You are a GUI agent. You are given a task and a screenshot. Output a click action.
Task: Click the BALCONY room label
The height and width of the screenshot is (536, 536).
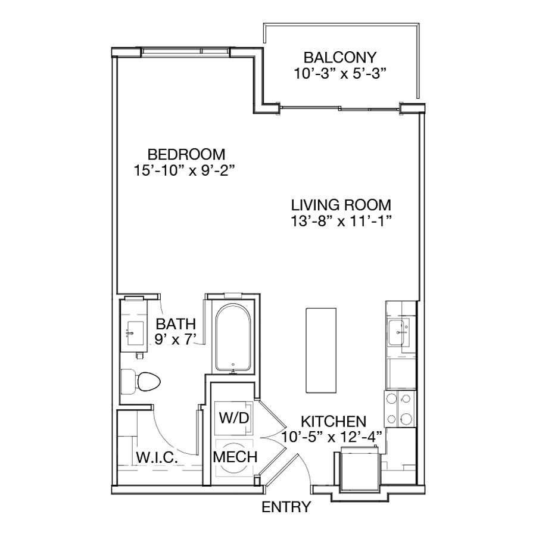point(340,57)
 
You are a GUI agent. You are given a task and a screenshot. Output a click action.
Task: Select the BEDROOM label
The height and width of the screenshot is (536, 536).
point(186,154)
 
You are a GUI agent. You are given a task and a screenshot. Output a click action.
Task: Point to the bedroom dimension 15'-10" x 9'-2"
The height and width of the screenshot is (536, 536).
point(185,170)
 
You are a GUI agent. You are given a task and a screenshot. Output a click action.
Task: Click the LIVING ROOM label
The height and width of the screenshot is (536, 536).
point(341,205)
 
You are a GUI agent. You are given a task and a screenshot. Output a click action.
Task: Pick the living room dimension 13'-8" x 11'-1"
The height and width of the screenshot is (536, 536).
point(341,221)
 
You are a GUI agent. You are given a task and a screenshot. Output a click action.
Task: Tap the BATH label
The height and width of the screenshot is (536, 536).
point(176,324)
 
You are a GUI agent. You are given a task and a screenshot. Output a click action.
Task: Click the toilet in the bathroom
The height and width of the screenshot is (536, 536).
point(141,382)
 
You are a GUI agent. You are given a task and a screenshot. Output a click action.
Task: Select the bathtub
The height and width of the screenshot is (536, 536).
point(233,338)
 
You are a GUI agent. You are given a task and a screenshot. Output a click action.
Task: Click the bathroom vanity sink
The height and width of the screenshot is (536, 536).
point(135,333)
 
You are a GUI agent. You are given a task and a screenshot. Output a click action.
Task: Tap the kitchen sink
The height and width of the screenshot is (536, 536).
point(398,332)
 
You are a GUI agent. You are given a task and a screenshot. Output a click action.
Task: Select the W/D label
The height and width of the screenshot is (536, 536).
point(234,417)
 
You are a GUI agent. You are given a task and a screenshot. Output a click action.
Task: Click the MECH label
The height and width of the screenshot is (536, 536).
point(235,457)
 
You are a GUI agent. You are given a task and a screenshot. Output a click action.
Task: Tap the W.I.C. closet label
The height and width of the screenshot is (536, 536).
point(157,457)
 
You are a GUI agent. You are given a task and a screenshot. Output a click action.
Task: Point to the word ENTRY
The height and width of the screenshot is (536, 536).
point(286,507)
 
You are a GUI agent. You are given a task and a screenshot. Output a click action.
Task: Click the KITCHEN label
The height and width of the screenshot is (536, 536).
point(334,422)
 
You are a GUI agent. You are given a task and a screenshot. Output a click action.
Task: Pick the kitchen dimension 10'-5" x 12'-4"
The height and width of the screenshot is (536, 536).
point(332,437)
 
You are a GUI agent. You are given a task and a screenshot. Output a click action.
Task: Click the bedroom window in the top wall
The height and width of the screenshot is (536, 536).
point(185,51)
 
